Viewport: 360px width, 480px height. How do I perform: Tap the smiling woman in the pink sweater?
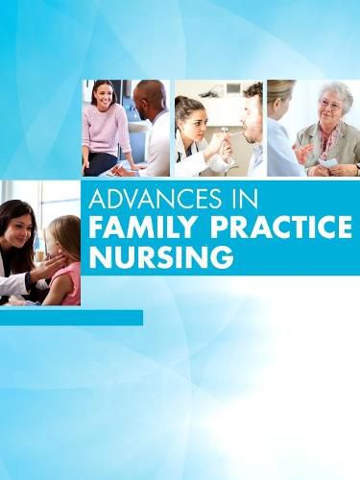point(107,125)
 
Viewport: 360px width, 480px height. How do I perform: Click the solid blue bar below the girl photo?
point(71,317)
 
